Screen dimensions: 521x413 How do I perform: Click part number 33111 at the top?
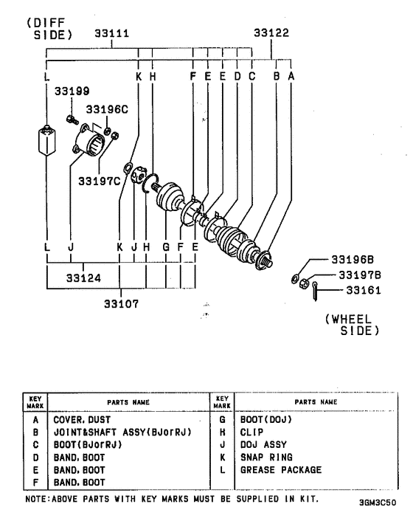pyautogui.click(x=111, y=33)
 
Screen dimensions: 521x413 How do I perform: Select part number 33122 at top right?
pyautogui.click(x=271, y=33)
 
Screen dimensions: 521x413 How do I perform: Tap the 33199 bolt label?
pyautogui.click(x=72, y=92)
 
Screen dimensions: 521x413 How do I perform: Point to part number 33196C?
pyautogui.click(x=108, y=109)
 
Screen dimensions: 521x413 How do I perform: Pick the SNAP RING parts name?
pyautogui.click(x=267, y=457)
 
